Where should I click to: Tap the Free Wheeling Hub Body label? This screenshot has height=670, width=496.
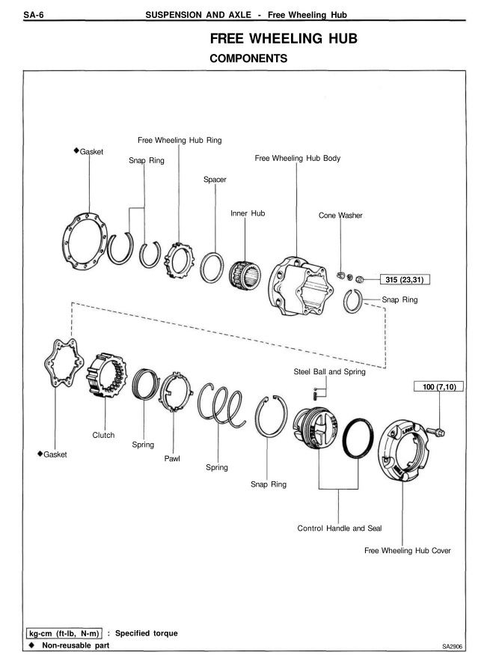pyautogui.click(x=298, y=158)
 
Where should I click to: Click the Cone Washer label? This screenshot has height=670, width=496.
pyautogui.click(x=340, y=216)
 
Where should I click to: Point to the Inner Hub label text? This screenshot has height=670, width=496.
pyautogui.click(x=248, y=213)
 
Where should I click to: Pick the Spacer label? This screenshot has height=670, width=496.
pyautogui.click(x=215, y=180)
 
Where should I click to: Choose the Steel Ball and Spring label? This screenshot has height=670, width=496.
pyautogui.click(x=329, y=372)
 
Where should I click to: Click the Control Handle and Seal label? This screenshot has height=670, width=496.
pyautogui.click(x=340, y=528)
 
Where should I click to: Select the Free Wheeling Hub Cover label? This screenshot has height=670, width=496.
pyautogui.click(x=407, y=550)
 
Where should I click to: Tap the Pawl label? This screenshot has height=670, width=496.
pyautogui.click(x=172, y=458)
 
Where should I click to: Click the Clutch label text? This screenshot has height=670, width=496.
pyautogui.click(x=103, y=435)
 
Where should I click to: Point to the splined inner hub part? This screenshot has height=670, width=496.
pyautogui.click(x=245, y=274)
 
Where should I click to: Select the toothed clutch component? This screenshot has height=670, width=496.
pyautogui.click(x=106, y=375)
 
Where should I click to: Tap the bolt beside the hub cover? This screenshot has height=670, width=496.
pyautogui.click(x=435, y=431)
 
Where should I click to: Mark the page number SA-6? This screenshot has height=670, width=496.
pyautogui.click(x=34, y=15)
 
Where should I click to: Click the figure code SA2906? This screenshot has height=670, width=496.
pyautogui.click(x=452, y=647)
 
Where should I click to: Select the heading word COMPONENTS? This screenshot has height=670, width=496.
pyautogui.click(x=248, y=58)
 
